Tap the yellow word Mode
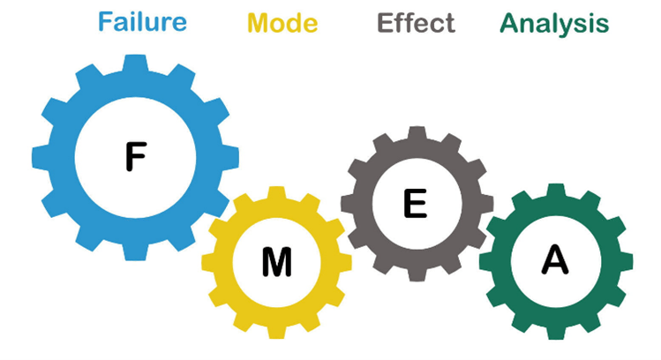[282, 22]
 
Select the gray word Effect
[416, 22]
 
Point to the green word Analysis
[554, 22]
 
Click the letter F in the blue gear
[135, 156]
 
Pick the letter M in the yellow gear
[277, 261]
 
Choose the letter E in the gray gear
[415, 204]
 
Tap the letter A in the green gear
[554, 259]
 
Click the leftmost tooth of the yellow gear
[210, 261]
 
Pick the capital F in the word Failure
[105, 22]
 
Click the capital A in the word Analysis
[509, 22]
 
